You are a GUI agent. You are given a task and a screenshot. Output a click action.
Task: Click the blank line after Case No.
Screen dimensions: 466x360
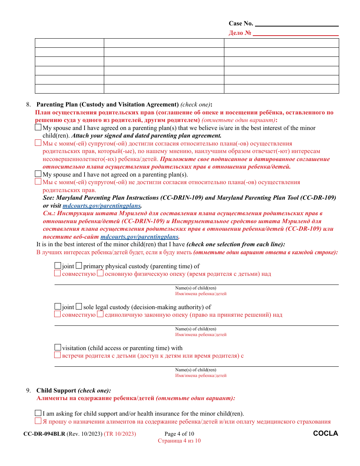click(297, 24)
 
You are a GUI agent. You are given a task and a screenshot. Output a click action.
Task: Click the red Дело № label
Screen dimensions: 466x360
click(240, 33)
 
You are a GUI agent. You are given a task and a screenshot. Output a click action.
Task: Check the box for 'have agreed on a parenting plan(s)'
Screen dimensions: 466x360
click(38, 128)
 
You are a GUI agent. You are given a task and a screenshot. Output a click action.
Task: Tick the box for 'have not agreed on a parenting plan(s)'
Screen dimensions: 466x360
click(38, 174)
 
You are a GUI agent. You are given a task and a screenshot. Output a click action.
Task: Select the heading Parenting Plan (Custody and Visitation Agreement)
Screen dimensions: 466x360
click(107, 105)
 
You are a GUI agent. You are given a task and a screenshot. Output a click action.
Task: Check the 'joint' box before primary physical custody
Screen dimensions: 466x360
click(58, 266)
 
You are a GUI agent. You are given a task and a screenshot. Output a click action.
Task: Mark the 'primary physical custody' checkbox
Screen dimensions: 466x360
click(79, 266)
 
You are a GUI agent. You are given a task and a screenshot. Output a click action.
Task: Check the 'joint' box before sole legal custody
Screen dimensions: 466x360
click(58, 306)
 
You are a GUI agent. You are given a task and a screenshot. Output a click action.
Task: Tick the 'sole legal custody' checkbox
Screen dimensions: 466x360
click(79, 306)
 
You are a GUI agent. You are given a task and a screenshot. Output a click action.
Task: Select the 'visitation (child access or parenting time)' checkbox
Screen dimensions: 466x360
click(58, 347)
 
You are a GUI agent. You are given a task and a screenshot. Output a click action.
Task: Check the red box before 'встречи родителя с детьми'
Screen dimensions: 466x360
click(57, 355)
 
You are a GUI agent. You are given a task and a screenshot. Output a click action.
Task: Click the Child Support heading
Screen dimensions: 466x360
click(56, 391)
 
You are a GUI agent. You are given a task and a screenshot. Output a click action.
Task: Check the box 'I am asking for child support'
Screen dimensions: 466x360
click(38, 413)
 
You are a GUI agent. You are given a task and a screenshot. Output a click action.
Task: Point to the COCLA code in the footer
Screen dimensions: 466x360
click(326, 433)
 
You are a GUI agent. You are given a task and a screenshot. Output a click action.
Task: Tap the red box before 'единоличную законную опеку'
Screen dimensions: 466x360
click(100, 314)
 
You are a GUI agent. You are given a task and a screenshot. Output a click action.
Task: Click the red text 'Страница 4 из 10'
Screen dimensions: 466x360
click(179, 441)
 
